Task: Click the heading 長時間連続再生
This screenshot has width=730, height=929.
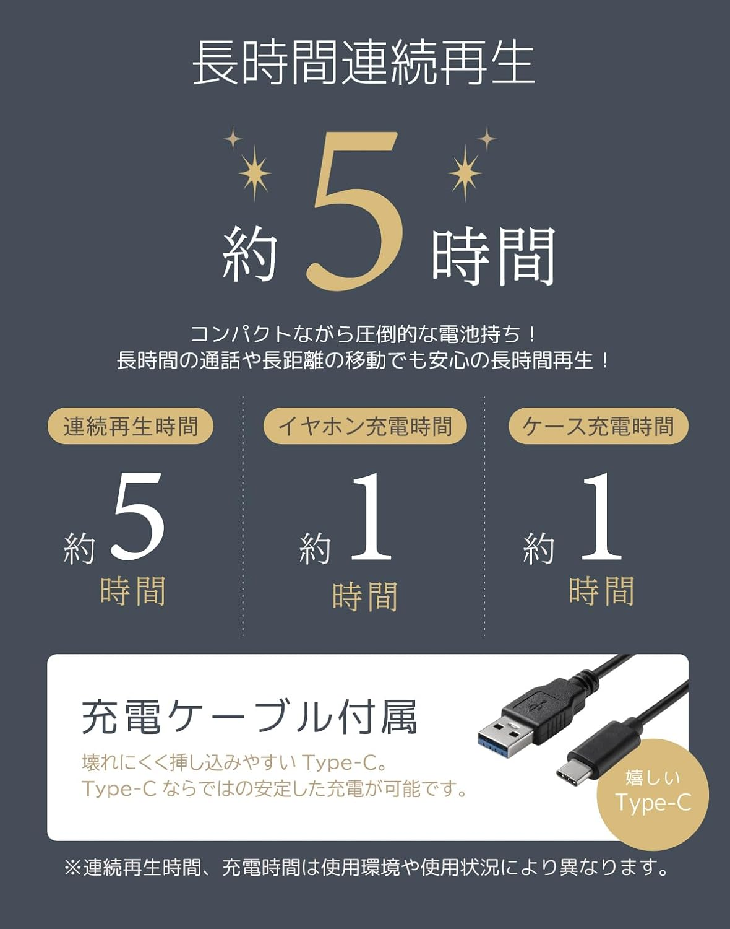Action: [x=364, y=63]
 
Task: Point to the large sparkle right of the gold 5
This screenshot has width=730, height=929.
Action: [x=465, y=172]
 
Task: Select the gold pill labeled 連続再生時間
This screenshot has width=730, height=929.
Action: [x=131, y=426]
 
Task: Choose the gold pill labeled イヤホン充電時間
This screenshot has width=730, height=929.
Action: [x=365, y=426]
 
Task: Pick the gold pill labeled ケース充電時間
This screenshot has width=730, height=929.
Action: [x=598, y=426]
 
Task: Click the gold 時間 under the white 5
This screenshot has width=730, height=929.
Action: [x=133, y=591]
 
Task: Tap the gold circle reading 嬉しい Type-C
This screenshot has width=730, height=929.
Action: [x=653, y=793]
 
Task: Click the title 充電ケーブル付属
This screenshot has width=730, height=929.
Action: [x=250, y=717]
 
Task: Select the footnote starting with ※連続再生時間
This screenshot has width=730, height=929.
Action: [x=366, y=868]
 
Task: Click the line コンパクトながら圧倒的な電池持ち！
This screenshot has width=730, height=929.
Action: [x=364, y=334]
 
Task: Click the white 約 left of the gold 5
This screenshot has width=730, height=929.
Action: [x=249, y=254]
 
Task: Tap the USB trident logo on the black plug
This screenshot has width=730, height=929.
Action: [x=540, y=702]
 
